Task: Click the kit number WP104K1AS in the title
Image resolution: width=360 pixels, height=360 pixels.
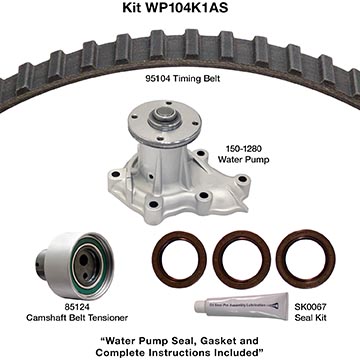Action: [x=186, y=7]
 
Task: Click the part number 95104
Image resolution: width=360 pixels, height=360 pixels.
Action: [x=157, y=79]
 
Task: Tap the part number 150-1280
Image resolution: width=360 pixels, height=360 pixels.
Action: [x=239, y=150]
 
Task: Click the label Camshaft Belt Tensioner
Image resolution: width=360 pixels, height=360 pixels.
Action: [x=77, y=318]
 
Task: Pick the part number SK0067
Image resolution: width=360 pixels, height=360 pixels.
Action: [x=310, y=308]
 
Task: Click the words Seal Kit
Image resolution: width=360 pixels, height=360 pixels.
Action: [x=310, y=318]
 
